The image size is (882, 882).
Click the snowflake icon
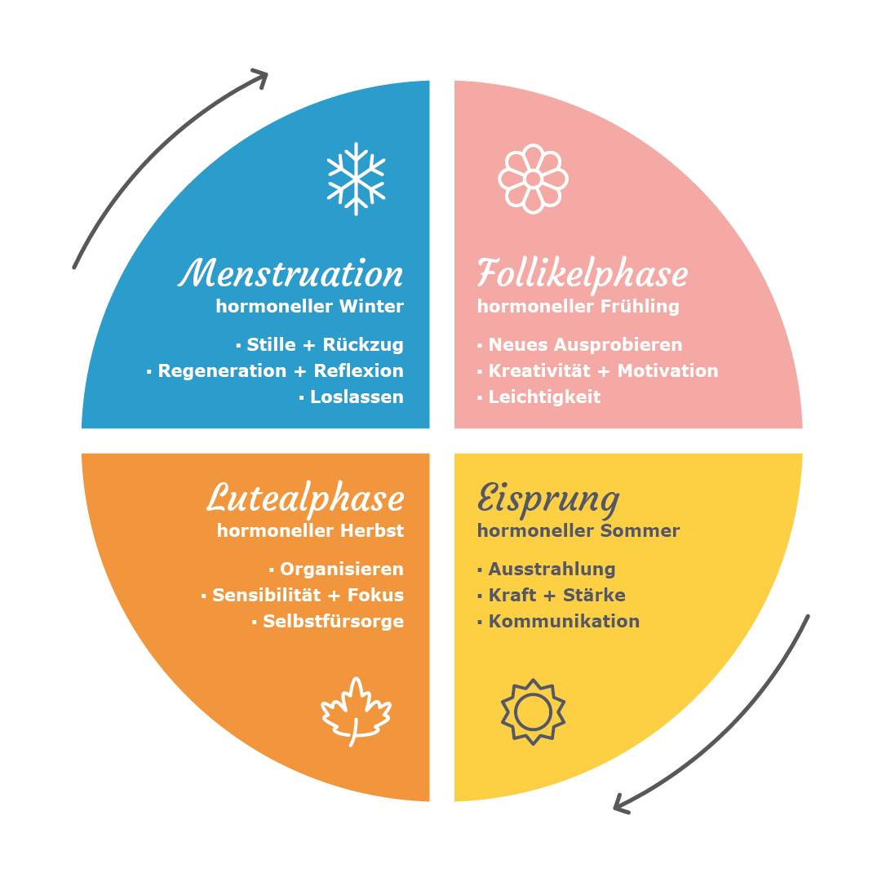pyautogui.click(x=356, y=179)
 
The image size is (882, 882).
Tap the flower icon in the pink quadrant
pyautogui.click(x=534, y=179)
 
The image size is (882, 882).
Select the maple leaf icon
pyautogui.click(x=356, y=711)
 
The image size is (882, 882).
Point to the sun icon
pyautogui.click(x=534, y=711)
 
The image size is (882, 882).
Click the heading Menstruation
pyautogui.click(x=290, y=273)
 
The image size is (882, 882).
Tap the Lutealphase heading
pyautogui.click(x=305, y=499)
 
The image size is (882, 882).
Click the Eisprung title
pyautogui.click(x=548, y=499)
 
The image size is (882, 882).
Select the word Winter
pyautogui.click(x=371, y=306)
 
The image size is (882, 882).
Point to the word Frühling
pyautogui.click(x=640, y=307)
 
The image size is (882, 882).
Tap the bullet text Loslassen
pyautogui.click(x=357, y=397)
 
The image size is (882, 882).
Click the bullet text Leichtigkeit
pyautogui.click(x=544, y=397)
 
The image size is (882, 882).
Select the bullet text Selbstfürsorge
pyautogui.click(x=333, y=621)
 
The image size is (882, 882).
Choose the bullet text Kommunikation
pyautogui.click(x=564, y=621)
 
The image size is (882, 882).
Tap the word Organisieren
pyautogui.click(x=341, y=570)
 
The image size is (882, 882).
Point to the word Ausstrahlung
pyautogui.click(x=552, y=570)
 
